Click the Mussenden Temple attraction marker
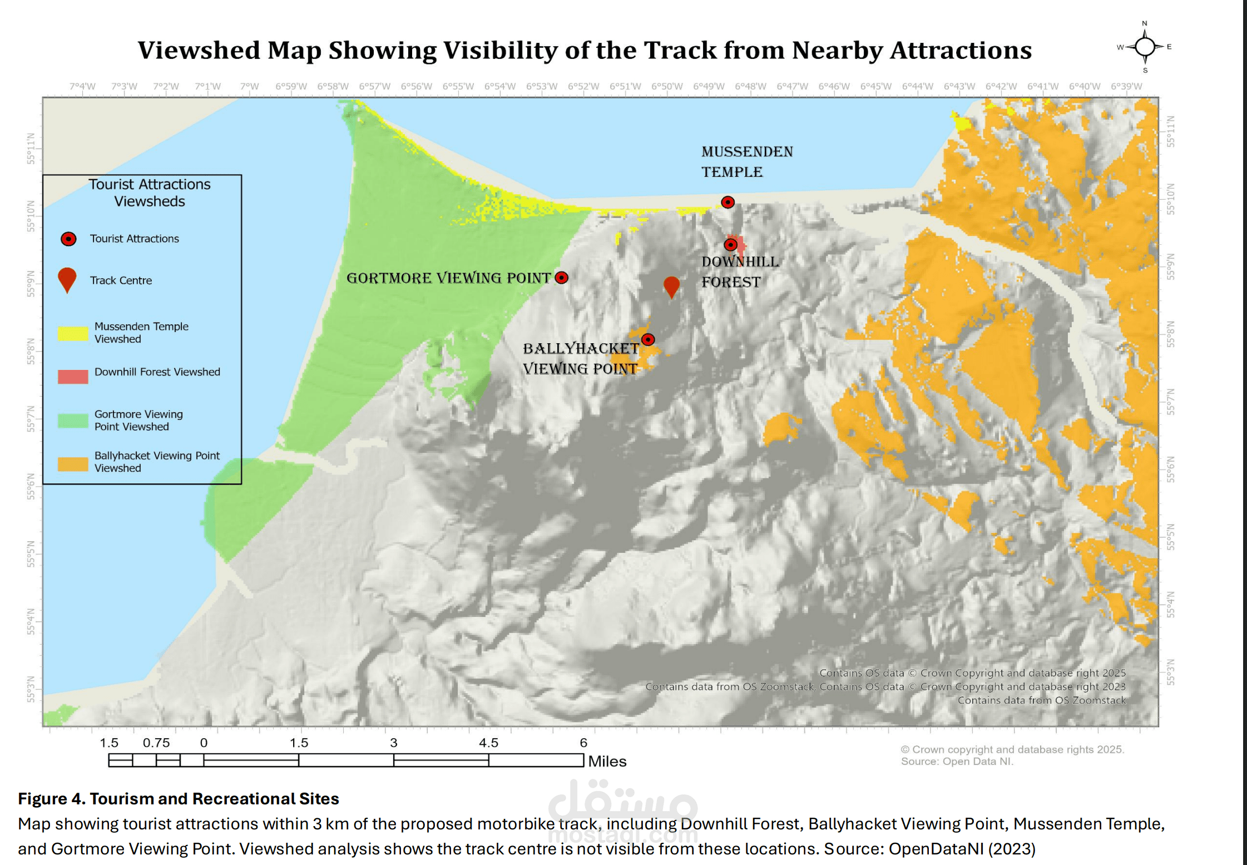click(x=728, y=202)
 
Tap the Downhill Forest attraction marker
click(x=731, y=244)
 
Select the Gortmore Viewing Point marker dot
click(x=562, y=278)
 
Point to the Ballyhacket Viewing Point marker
click(x=648, y=339)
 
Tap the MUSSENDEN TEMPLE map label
click(x=746, y=162)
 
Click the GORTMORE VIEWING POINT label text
click(x=448, y=278)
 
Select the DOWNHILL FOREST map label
click(x=740, y=272)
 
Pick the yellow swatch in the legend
click(x=73, y=333)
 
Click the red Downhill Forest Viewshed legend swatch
click(x=73, y=377)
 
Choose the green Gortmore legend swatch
click(x=73, y=421)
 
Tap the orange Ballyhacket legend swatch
click(x=73, y=464)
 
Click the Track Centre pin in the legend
click(x=67, y=279)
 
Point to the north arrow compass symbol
click(x=1145, y=47)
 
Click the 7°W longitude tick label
click(x=249, y=86)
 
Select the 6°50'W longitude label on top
click(x=667, y=86)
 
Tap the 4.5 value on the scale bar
click(x=488, y=743)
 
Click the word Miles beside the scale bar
click(x=607, y=761)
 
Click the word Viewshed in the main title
click(x=199, y=51)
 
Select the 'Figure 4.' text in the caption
click(x=51, y=799)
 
